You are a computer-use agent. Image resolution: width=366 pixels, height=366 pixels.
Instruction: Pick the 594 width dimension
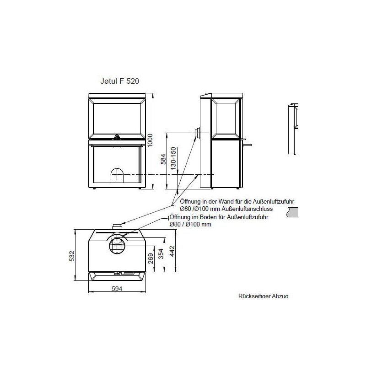pos(118,289)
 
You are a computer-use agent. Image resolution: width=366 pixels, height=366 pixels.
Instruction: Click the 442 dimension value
pos(172,252)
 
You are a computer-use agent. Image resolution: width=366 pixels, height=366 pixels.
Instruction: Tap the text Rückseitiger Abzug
pos(263,296)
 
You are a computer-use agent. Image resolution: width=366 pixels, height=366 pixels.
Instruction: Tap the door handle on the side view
pos(247,145)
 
